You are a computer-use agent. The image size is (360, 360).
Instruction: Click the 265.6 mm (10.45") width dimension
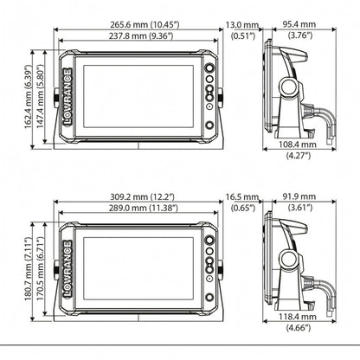tap(145, 24)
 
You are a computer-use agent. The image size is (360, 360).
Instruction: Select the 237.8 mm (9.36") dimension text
tap(141, 36)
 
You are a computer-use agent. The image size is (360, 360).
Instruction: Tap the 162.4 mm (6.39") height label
tap(28, 97)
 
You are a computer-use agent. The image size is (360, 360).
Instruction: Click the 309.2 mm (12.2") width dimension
tap(143, 196)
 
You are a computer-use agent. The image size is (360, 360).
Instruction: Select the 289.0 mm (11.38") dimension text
tap(143, 208)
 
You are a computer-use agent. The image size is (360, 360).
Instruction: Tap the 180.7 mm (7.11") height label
tap(28, 269)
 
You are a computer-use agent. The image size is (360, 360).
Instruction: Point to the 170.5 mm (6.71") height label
tap(40, 269)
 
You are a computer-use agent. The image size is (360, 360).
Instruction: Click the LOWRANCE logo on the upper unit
tap(67, 97)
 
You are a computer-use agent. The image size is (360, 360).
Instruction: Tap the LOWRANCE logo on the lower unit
tap(67, 269)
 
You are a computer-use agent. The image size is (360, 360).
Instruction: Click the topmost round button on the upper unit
tap(209, 68)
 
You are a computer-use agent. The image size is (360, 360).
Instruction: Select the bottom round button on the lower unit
tap(209, 297)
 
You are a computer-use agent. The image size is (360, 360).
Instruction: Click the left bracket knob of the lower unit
tap(56, 270)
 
